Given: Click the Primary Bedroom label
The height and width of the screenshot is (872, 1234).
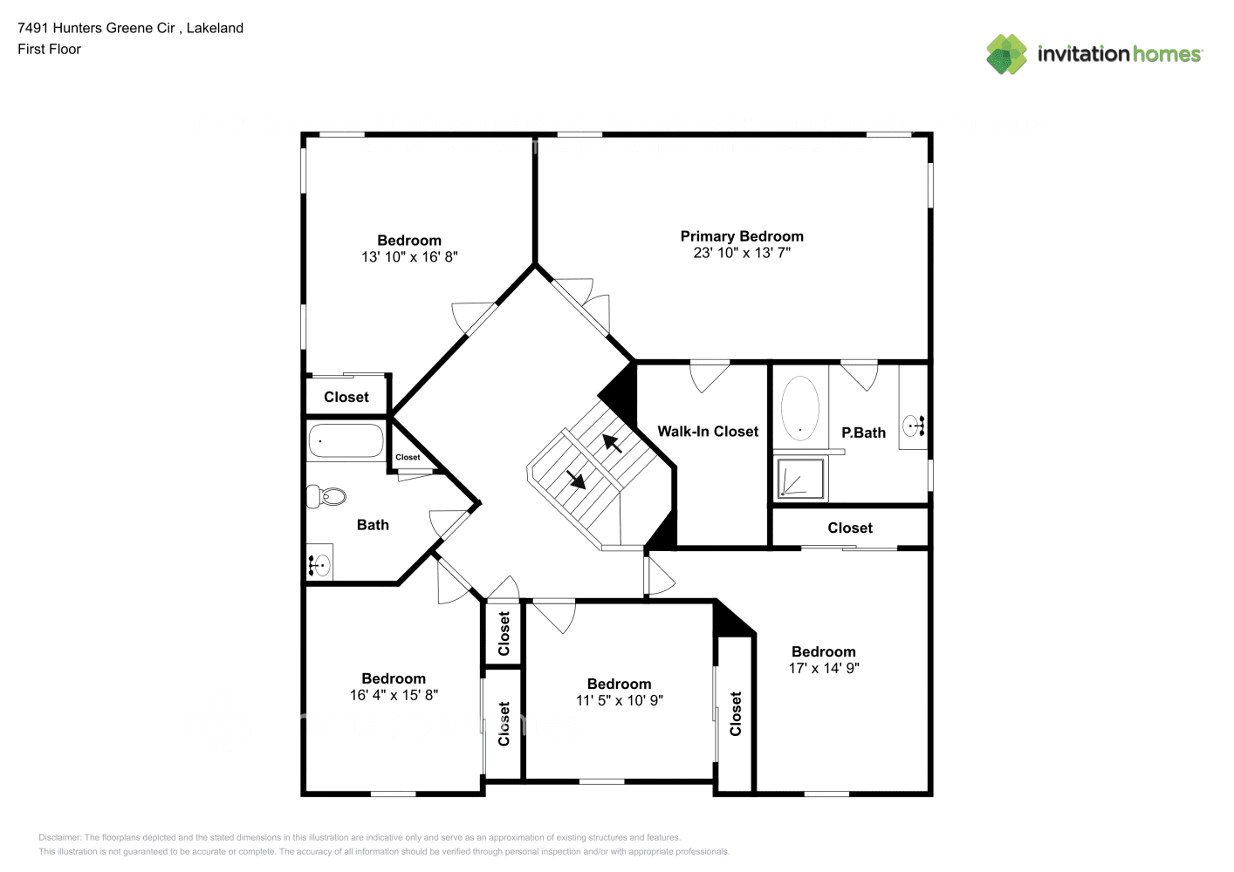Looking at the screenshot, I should (x=741, y=236).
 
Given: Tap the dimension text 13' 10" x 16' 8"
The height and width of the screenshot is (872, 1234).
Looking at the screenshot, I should (x=409, y=257).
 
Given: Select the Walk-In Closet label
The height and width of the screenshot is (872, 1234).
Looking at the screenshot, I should (x=707, y=432).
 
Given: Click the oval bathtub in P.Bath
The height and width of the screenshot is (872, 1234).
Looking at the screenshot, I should (x=799, y=407).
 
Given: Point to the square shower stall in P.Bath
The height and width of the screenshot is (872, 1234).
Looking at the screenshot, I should (x=800, y=479).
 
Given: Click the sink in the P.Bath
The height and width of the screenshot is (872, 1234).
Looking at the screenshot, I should (x=913, y=427).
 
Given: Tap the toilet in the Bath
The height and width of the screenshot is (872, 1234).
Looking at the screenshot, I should (x=327, y=497).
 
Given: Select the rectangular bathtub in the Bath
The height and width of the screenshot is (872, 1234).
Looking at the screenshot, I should (x=346, y=441).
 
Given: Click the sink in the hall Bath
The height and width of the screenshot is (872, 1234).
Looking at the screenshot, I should (x=319, y=566).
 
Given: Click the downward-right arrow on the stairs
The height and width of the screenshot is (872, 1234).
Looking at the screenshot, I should (x=576, y=480).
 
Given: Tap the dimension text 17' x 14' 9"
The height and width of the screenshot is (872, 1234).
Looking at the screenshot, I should (x=823, y=669).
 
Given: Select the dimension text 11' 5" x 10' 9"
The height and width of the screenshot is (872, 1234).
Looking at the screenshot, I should (x=619, y=700).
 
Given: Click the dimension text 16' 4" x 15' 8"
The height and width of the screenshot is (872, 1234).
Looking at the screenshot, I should (x=394, y=695).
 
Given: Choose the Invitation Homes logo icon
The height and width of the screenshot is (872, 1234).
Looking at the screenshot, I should (x=1006, y=54).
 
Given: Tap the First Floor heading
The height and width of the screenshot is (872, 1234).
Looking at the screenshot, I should (x=49, y=50).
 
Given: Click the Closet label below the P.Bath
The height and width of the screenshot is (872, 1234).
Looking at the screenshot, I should (x=849, y=528).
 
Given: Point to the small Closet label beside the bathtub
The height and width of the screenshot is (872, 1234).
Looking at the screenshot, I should (x=408, y=457).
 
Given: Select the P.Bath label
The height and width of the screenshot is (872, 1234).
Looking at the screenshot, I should (x=863, y=433).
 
